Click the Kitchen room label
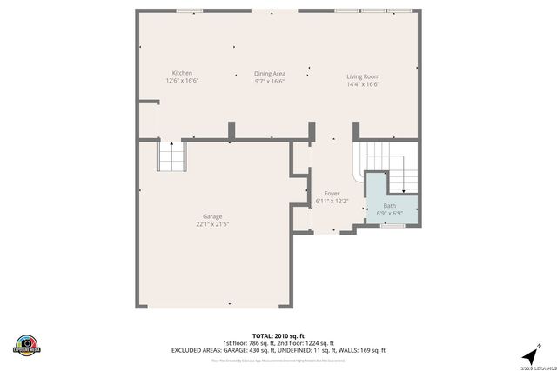[x=182, y=73]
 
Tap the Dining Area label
[x=270, y=74]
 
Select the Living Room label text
[x=363, y=76]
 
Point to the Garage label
[x=212, y=216]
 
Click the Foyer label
[x=332, y=194]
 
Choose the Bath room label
[x=389, y=206]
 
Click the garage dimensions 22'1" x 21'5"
[x=212, y=224]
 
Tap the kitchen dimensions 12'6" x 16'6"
[x=182, y=81]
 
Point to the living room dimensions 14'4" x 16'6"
[x=363, y=84]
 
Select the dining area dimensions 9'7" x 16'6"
[x=270, y=82]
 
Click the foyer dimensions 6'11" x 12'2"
[x=332, y=202]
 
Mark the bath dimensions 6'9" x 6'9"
[x=389, y=213]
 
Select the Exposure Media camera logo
[x=27, y=344]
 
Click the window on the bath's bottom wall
[x=393, y=226]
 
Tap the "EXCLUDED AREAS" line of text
[x=278, y=350]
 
